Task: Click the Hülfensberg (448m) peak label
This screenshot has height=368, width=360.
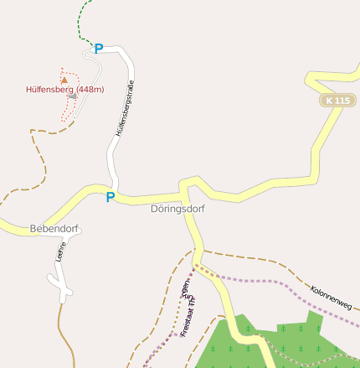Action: point(64,89)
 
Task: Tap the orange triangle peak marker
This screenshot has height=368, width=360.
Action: point(64,80)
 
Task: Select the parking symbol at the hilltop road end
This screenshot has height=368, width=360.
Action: point(99,49)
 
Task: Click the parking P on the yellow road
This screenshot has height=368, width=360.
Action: point(110,198)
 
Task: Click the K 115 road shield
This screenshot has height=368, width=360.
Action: point(338,101)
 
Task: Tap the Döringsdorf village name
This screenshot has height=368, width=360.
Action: point(177,210)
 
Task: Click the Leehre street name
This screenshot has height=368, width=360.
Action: point(59,252)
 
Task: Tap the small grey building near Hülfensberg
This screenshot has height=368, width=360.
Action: point(73,97)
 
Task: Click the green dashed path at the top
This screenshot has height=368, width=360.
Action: point(82,21)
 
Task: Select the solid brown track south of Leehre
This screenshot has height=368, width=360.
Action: point(62,335)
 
